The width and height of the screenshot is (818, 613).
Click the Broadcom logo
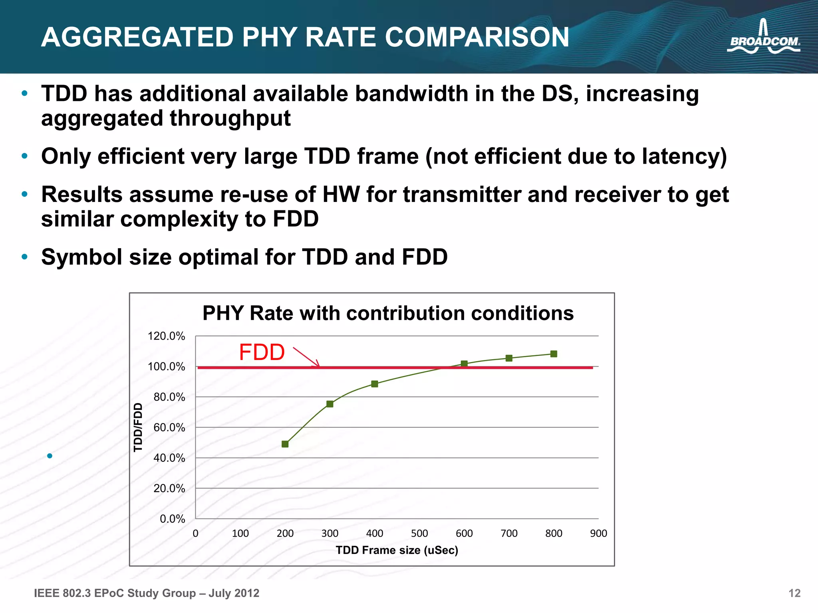tap(763, 40)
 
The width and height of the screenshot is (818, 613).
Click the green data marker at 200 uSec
tap(285, 444)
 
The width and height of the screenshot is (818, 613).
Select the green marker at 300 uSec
tap(330, 404)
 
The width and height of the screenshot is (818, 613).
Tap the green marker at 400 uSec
tap(374, 384)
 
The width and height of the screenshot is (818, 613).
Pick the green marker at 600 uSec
tap(464, 364)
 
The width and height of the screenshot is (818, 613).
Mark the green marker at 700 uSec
tap(509, 358)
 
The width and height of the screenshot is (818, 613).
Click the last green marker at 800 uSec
tap(554, 354)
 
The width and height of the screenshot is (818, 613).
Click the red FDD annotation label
tap(262, 352)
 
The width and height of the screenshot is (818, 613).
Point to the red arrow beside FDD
tap(306, 357)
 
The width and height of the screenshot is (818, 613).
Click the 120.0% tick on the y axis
tap(166, 336)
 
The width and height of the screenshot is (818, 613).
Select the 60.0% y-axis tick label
tap(169, 427)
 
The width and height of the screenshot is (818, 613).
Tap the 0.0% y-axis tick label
tap(172, 519)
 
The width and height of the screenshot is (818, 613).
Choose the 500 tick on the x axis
tap(419, 533)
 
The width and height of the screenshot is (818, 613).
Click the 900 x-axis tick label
tap(598, 533)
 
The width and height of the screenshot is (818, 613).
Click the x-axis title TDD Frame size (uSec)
tap(397, 550)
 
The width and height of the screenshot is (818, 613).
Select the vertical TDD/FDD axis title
tap(138, 427)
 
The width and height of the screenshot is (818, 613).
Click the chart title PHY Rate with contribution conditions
tap(388, 313)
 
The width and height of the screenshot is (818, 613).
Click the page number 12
tap(794, 593)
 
